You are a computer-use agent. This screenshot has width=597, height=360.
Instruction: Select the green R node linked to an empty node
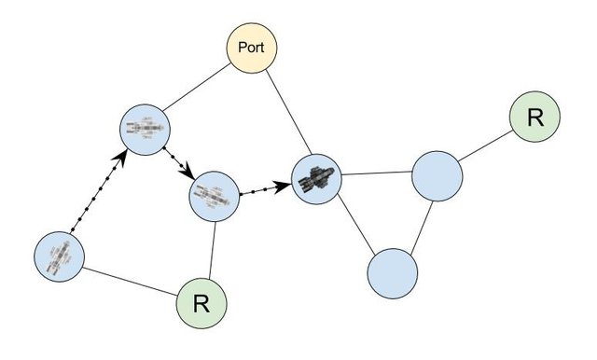pyautogui.click(x=535, y=118)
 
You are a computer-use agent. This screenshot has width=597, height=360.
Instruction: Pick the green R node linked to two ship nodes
pyautogui.click(x=202, y=302)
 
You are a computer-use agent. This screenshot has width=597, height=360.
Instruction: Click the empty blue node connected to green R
pyautogui.click(x=437, y=175)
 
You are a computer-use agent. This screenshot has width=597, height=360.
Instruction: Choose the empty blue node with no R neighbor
pyautogui.click(x=393, y=272)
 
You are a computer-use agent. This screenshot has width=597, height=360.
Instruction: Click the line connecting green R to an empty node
pyautogui.click(x=485, y=147)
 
